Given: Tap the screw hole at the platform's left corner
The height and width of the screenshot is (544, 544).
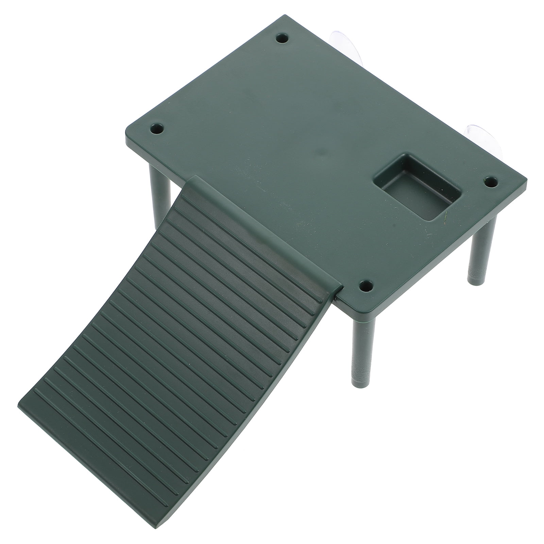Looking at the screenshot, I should point(157,129).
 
